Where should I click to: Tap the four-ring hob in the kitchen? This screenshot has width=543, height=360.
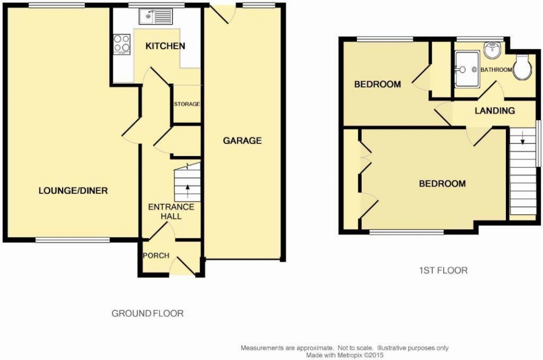click(x=122, y=43)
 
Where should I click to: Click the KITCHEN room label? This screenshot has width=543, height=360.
click(x=165, y=46)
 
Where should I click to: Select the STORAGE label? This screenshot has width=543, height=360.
click(x=187, y=104)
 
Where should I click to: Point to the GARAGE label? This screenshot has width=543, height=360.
click(x=242, y=141)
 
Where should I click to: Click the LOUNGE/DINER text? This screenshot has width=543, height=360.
click(x=73, y=191)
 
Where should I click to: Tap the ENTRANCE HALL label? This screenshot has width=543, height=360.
click(x=171, y=212)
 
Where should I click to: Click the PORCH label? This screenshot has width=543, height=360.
click(x=156, y=255)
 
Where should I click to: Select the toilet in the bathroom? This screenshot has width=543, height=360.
click(x=521, y=68)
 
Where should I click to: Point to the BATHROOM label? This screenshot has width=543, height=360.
click(x=496, y=70)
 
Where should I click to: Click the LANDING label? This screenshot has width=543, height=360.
click(x=495, y=111)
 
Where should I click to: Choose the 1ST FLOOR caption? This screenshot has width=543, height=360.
click(x=443, y=271)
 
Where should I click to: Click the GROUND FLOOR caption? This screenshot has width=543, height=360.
click(x=147, y=313)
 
